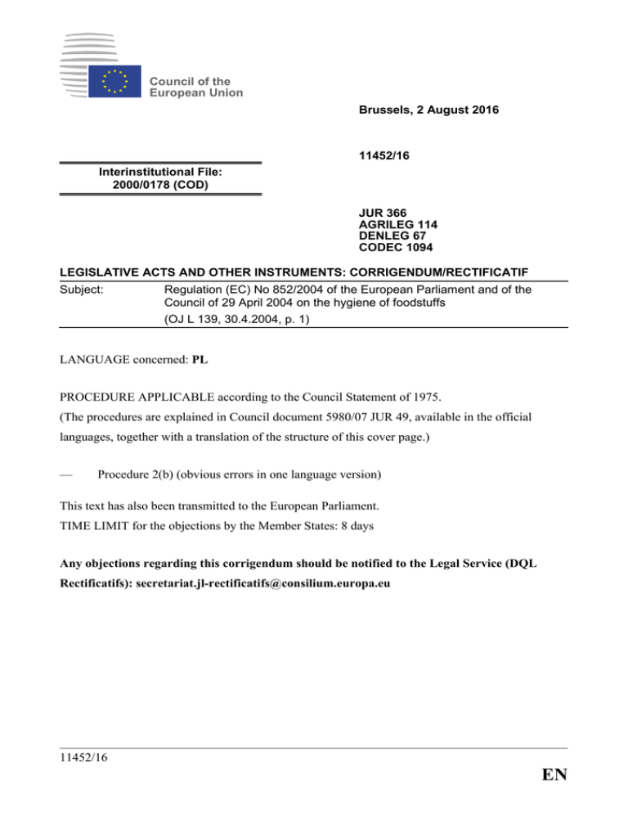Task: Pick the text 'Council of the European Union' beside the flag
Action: [196, 87]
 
